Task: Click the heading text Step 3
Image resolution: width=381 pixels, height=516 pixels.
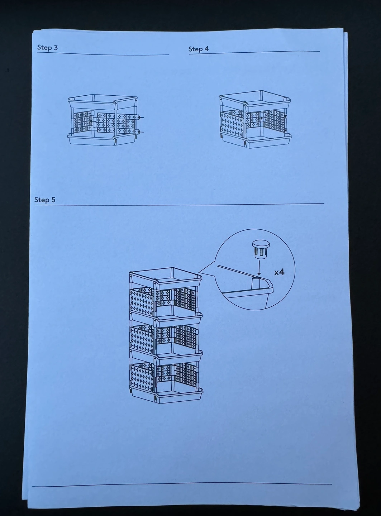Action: click(47, 47)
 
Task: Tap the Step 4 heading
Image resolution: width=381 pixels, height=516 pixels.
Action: click(199, 49)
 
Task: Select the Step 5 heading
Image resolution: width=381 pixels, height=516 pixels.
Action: click(45, 200)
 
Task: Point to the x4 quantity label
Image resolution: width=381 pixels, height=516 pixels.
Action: click(279, 272)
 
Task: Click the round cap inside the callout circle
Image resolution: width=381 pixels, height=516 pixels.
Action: click(261, 249)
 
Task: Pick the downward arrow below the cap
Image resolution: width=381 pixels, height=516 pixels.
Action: click(259, 267)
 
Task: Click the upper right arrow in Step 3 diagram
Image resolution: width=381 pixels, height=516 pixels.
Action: click(141, 117)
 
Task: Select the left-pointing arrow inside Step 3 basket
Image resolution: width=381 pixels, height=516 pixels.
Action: click(92, 121)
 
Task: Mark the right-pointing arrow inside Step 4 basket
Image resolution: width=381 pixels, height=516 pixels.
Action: click(260, 118)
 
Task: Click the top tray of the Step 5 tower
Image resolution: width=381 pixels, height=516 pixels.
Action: click(166, 278)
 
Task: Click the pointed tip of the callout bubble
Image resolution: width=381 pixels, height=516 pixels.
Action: click(199, 272)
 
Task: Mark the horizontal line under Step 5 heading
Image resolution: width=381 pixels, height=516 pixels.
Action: click(179, 204)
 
